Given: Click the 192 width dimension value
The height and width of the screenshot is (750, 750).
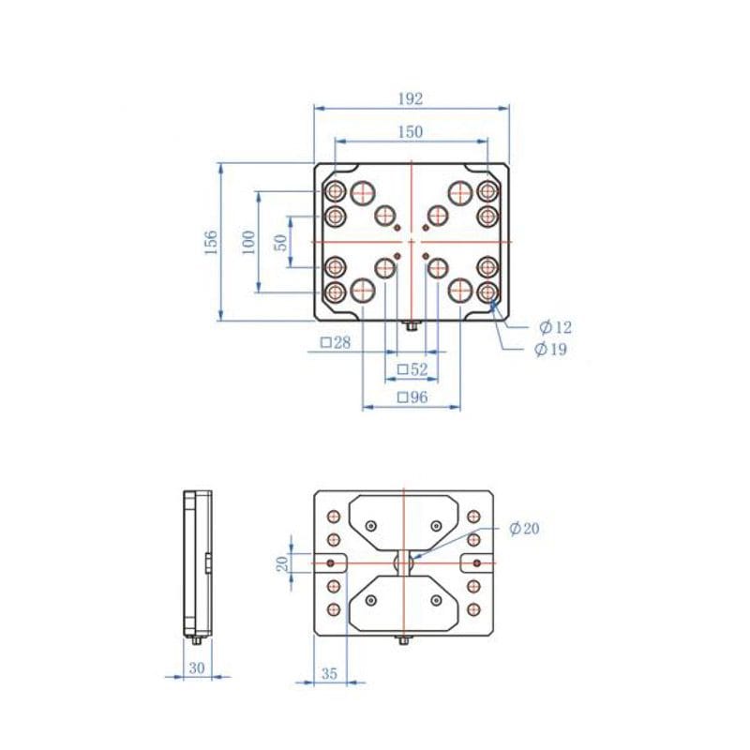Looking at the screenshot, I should pyautogui.click(x=411, y=98).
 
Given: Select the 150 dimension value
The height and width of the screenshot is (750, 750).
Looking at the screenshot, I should pyautogui.click(x=411, y=132).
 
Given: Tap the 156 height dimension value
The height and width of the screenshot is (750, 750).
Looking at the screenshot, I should pyautogui.click(x=211, y=242).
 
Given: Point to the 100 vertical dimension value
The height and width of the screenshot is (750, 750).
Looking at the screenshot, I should pyautogui.click(x=248, y=242).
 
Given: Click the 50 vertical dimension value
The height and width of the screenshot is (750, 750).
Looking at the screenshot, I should pyautogui.click(x=280, y=242).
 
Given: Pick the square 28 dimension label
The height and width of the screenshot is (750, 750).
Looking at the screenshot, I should pyautogui.click(x=335, y=343).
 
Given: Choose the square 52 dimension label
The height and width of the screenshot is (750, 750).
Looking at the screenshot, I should pyautogui.click(x=412, y=369).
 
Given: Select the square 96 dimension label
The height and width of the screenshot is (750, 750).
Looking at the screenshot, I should pyautogui.click(x=412, y=397).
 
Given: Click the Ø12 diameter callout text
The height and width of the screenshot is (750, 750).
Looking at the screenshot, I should pyautogui.click(x=554, y=327).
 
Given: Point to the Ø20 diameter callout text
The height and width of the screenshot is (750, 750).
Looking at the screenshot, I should pyautogui.click(x=524, y=529).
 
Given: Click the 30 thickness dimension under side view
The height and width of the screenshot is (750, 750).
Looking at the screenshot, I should pyautogui.click(x=196, y=668).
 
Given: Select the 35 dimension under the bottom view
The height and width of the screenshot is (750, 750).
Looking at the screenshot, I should pyautogui.click(x=329, y=673).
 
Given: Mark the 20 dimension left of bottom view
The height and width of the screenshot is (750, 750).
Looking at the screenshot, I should pyautogui.click(x=281, y=562).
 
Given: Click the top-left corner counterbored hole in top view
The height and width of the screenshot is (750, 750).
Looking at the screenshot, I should pyautogui.click(x=335, y=191).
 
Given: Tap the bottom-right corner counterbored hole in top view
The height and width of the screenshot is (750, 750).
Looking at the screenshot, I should pyautogui.click(x=487, y=292).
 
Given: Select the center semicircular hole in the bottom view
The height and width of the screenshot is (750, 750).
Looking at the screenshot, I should pyautogui.click(x=403, y=562).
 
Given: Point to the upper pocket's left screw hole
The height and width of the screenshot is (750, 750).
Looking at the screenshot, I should pyautogui.click(x=372, y=525).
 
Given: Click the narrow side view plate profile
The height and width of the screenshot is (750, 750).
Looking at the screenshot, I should pyautogui.click(x=197, y=562).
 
